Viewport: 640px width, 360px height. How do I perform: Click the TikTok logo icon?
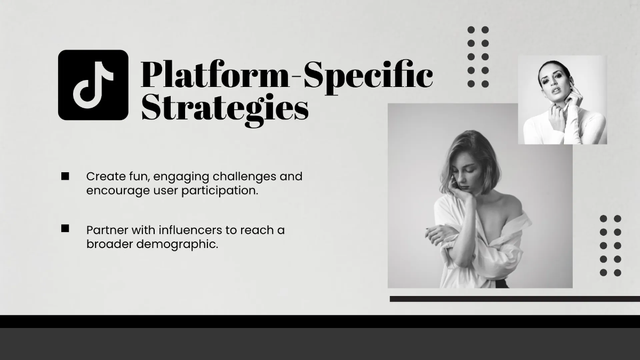[x=93, y=85]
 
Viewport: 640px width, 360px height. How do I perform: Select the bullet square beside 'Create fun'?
[x=65, y=177]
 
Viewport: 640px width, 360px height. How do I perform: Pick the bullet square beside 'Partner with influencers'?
[x=65, y=228]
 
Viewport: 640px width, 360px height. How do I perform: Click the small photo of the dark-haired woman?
[x=562, y=100]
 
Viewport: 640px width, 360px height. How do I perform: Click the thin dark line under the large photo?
[x=514, y=299]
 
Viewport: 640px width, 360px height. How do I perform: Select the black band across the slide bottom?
[x=320, y=321]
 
